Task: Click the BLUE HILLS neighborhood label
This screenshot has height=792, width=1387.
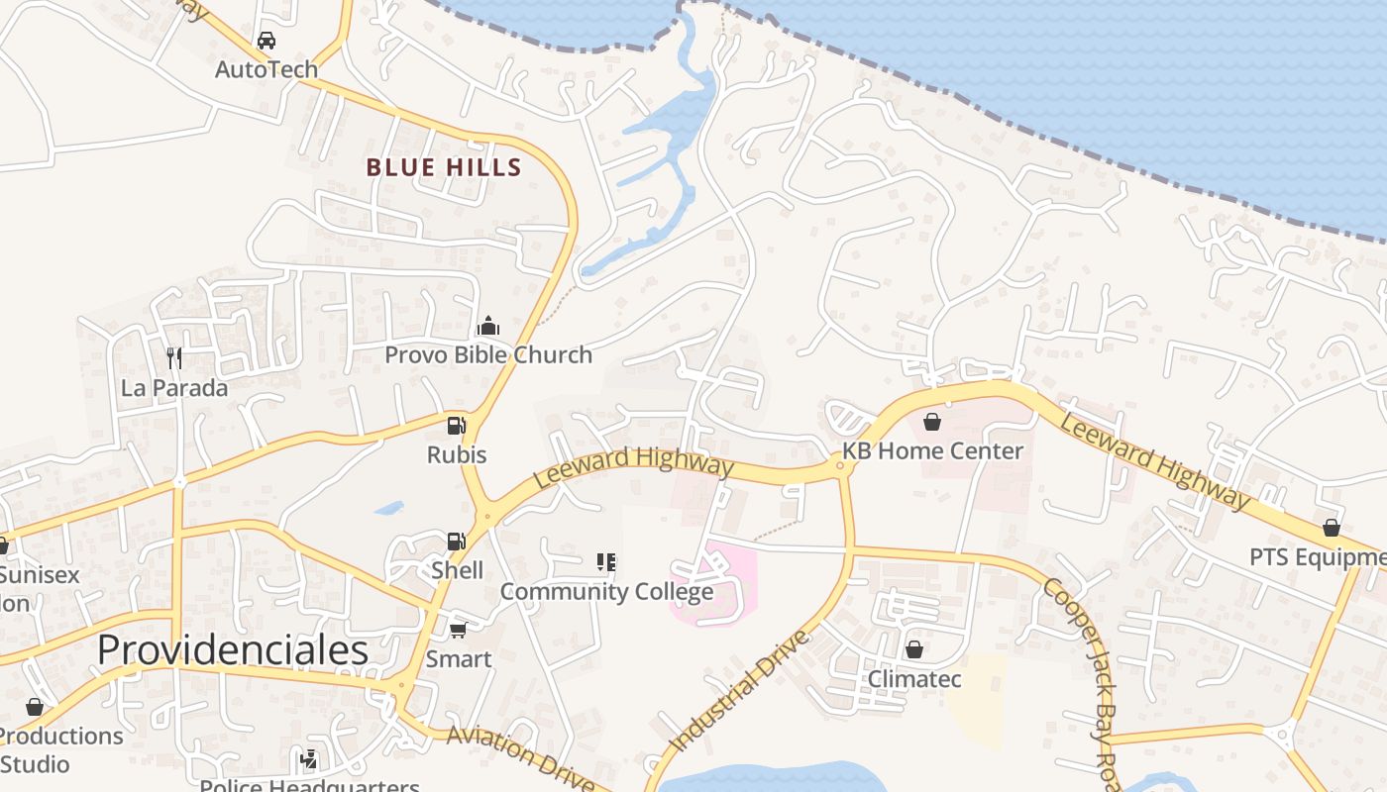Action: point(444,167)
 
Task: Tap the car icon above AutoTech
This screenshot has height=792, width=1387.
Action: point(266,41)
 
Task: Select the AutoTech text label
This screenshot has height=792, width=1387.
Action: point(267,69)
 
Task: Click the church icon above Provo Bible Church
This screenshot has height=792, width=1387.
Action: point(487,326)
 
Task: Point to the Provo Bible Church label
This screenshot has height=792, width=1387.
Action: point(488,354)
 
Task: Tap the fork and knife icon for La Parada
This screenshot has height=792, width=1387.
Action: point(174,357)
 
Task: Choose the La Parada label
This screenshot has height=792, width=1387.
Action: point(174,388)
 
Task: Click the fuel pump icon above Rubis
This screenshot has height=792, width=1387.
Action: point(456,426)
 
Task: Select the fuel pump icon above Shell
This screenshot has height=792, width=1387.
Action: point(456,542)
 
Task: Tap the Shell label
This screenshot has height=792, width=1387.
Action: point(458,570)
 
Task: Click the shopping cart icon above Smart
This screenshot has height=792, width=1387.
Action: point(458,630)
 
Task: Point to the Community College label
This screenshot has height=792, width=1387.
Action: point(606,592)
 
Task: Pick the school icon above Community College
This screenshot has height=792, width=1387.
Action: point(606,563)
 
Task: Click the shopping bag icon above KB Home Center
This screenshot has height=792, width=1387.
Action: point(932,423)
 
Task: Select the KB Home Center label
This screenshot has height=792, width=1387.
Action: point(932,451)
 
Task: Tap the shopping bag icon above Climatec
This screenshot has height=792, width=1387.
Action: point(914,650)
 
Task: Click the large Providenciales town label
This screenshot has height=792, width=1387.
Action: point(233,650)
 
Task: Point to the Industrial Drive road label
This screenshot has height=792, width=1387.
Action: point(739,690)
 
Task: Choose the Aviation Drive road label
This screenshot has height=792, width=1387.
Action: point(519,757)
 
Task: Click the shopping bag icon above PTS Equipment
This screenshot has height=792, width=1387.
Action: point(1332,528)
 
